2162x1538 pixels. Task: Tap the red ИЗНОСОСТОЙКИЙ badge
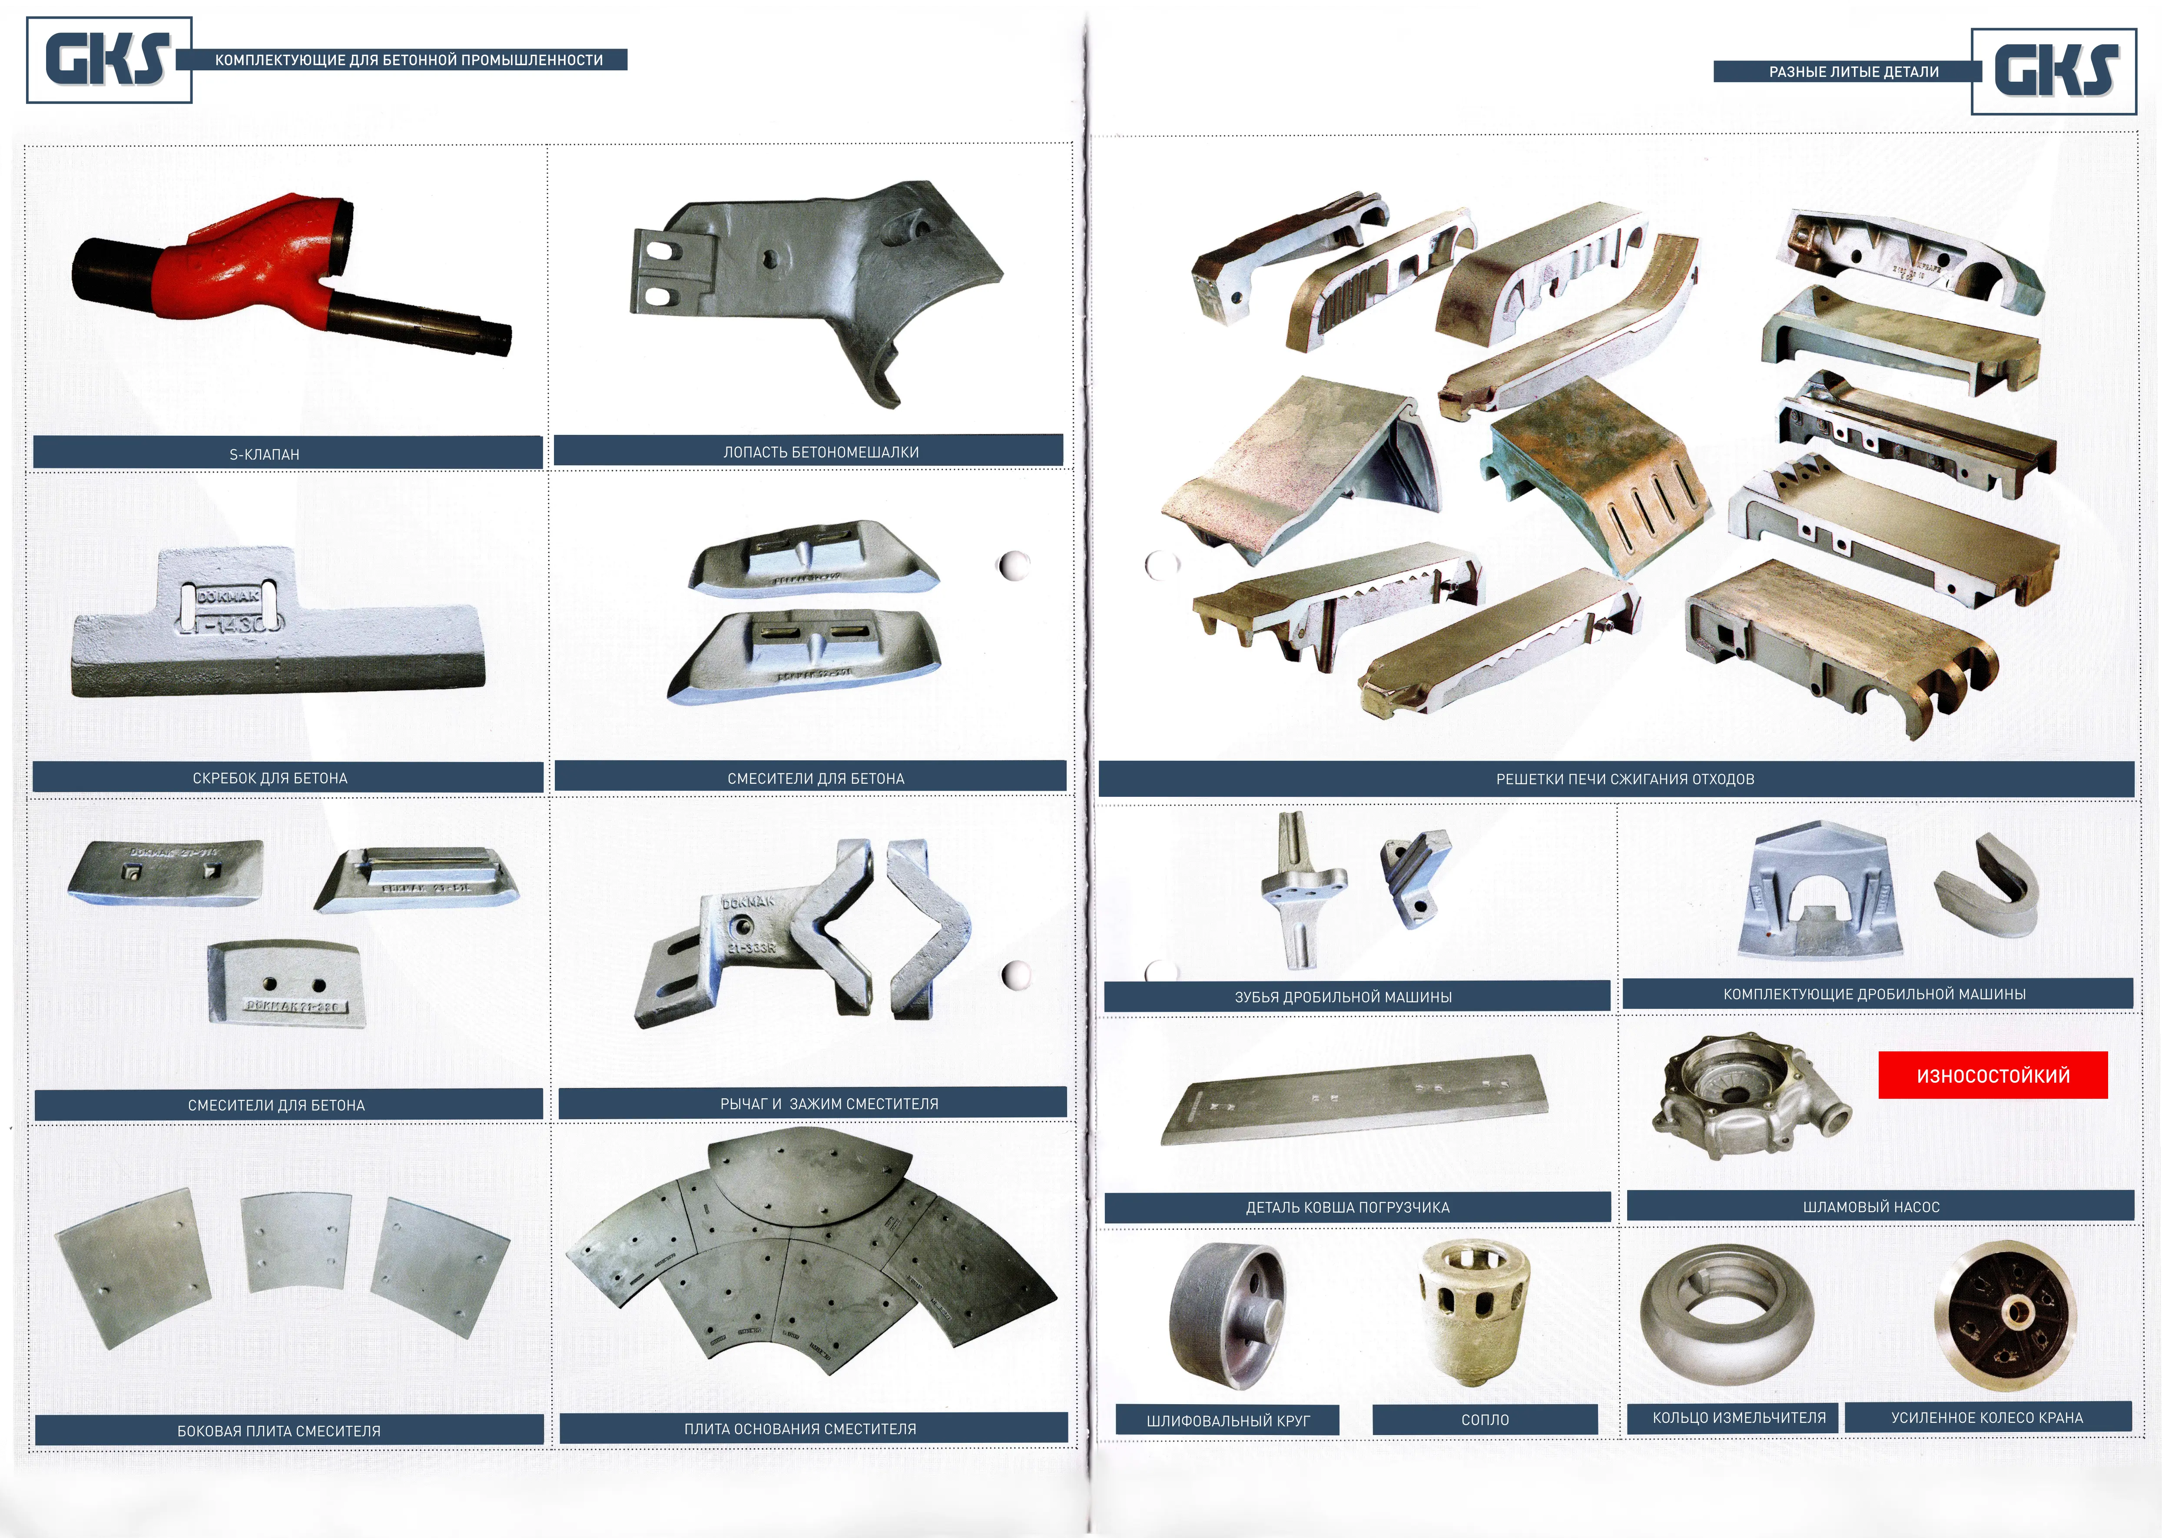point(1993,1075)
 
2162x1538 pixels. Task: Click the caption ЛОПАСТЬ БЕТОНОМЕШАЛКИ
point(821,452)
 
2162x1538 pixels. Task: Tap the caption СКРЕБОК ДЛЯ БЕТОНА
point(270,778)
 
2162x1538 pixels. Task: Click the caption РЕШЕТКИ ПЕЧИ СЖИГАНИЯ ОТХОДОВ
point(1625,779)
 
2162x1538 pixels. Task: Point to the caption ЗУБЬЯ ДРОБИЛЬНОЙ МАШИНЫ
point(1343,996)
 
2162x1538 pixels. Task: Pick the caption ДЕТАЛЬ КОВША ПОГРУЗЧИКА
point(1348,1207)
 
